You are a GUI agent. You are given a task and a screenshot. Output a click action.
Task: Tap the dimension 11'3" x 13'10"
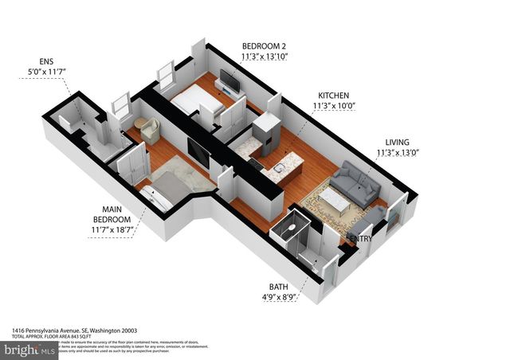click(263, 57)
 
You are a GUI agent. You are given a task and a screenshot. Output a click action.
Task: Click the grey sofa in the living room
click(356, 182)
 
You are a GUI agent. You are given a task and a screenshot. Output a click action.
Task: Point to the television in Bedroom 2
click(229, 80)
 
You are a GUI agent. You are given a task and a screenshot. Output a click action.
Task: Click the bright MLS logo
click(29, 349)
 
